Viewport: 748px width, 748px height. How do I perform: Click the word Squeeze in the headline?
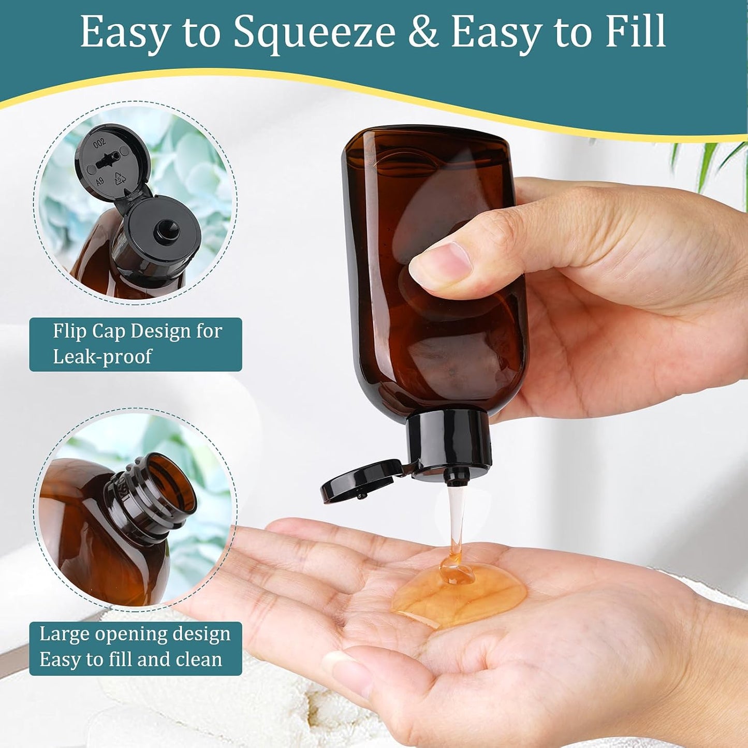[314, 32]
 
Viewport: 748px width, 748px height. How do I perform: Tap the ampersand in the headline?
[423, 32]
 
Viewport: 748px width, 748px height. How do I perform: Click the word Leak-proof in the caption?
[102, 357]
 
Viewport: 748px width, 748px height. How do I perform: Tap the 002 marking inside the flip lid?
[99, 142]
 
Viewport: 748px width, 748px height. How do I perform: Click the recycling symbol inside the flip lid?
[120, 179]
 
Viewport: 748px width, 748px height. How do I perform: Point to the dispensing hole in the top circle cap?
[166, 229]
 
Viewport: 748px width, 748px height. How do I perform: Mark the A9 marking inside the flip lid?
[99, 181]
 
